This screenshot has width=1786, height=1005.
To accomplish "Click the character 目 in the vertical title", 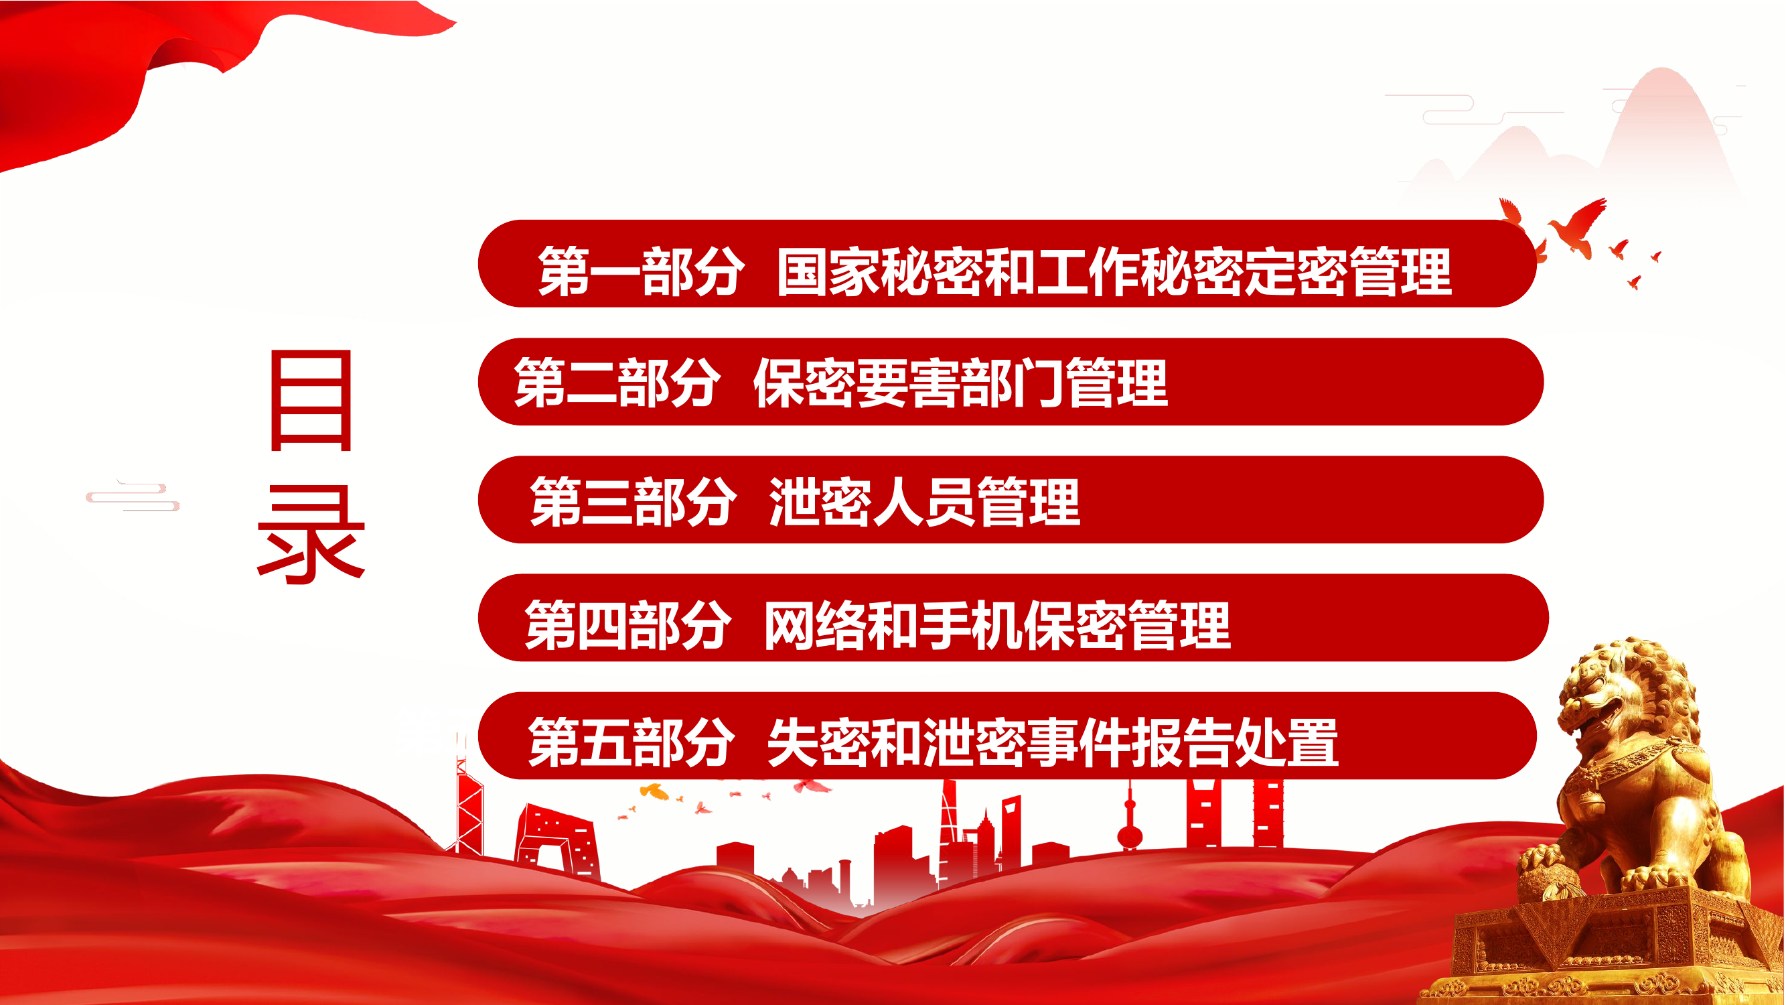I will (x=311, y=400).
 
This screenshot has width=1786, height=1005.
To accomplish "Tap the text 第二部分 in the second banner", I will (x=616, y=382).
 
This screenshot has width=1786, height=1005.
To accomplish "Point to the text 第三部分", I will (x=632, y=500).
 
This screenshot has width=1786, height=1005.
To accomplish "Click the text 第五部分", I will (x=630, y=743).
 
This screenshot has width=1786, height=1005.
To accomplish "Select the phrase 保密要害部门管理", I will (x=960, y=382).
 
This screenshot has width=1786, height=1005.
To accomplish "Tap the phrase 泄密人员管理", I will (x=924, y=500).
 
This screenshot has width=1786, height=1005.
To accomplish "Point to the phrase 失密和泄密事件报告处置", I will (x=1053, y=743).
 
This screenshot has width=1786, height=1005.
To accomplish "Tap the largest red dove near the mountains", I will (x=1581, y=225).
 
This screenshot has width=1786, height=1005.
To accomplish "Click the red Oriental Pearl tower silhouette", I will (x=1130, y=822).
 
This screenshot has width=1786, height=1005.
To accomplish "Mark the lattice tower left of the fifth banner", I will (x=469, y=805).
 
